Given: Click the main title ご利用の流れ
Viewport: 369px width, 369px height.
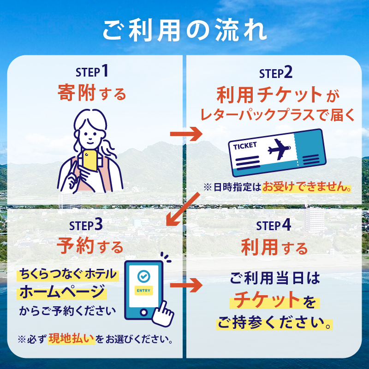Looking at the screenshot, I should (184, 30).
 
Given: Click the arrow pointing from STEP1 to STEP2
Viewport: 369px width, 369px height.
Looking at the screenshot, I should (186, 134).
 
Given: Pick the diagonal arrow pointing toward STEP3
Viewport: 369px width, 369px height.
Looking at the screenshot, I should (182, 209).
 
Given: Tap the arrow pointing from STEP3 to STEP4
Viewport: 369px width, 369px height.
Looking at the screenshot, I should (186, 285).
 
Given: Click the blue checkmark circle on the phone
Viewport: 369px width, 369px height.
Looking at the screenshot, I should (144, 276).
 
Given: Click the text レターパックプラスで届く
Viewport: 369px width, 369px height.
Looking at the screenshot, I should (277, 115).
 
